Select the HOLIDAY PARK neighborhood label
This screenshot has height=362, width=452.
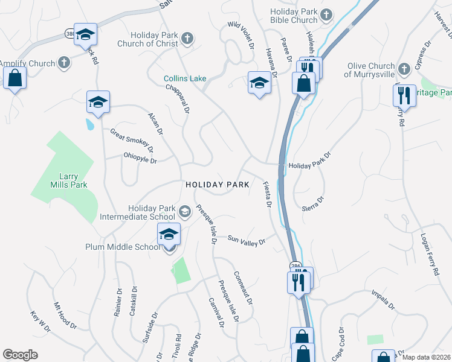(x=217, y=185)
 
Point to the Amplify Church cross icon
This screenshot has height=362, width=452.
(x=63, y=63)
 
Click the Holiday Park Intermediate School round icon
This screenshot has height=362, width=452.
(x=184, y=211)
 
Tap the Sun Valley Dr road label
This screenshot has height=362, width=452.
(x=246, y=241)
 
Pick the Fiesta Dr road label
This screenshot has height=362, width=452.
(x=266, y=194)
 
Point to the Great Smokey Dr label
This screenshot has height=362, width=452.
(x=131, y=141)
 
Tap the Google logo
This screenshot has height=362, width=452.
(x=20, y=354)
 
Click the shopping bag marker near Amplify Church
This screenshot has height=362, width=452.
(x=15, y=78)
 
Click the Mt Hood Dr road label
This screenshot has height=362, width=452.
(x=65, y=316)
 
